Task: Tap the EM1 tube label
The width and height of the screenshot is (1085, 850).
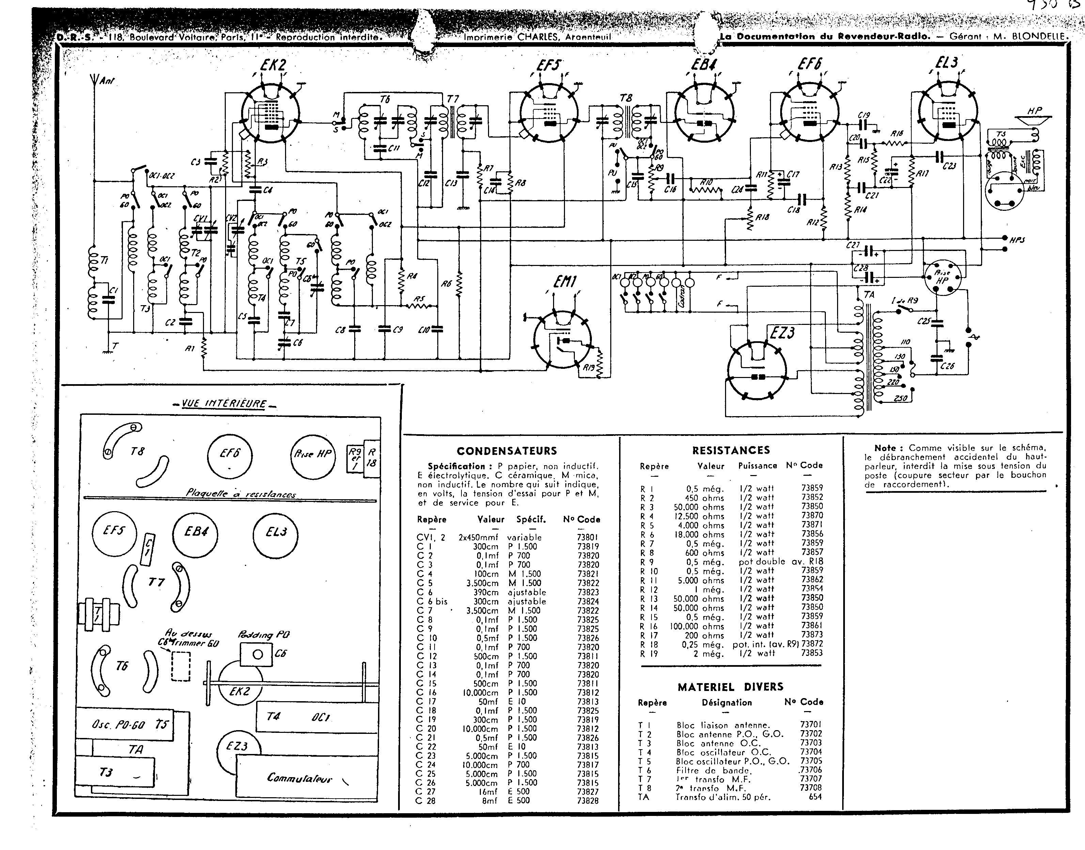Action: click(565, 283)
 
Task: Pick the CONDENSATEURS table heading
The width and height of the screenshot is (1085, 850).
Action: click(507, 451)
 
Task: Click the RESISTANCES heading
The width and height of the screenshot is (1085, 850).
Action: click(730, 451)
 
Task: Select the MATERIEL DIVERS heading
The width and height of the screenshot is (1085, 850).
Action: click(730, 687)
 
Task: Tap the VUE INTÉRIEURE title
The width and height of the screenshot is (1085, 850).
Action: click(224, 404)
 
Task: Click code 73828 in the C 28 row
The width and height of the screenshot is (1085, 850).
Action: click(588, 801)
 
